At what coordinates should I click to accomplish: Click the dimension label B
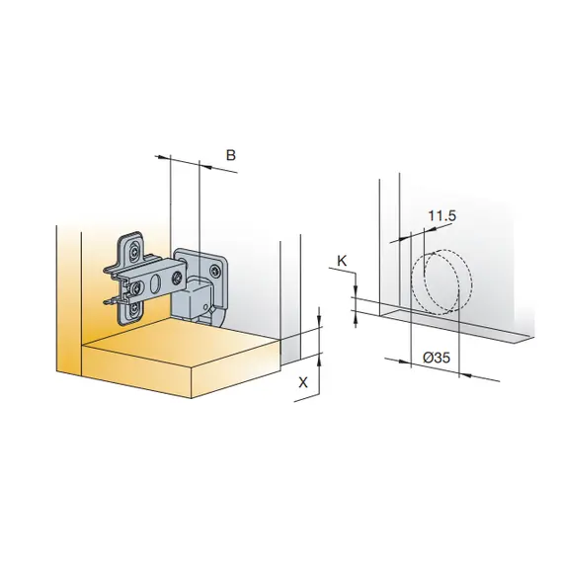point(231,155)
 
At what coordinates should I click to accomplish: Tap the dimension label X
point(303,383)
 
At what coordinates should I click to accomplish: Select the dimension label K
point(342,261)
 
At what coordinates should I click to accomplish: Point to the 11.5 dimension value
point(442,215)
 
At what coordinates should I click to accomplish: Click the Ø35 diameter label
point(437,358)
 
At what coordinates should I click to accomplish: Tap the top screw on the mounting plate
point(134,252)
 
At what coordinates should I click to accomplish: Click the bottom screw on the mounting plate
point(135,308)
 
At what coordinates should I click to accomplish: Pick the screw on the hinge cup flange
point(215,271)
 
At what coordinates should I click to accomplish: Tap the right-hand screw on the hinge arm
point(177,278)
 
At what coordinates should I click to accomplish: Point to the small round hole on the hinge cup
point(205,307)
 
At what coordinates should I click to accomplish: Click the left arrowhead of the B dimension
point(163,157)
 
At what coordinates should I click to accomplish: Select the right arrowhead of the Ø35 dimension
point(465,374)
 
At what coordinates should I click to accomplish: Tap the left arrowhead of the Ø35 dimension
point(404,362)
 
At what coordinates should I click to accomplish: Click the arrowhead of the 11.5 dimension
point(431,228)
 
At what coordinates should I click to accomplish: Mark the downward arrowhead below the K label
point(356,289)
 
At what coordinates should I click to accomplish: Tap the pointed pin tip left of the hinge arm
point(105,303)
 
